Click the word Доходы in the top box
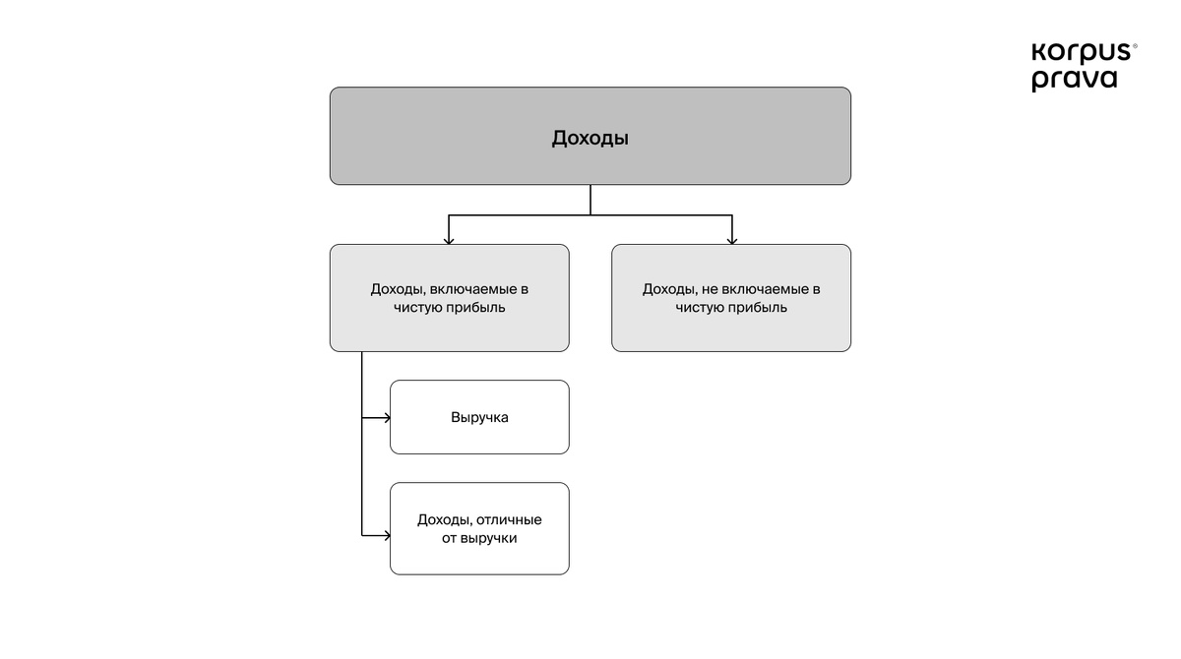click(590, 139)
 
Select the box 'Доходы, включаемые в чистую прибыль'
click(449, 298)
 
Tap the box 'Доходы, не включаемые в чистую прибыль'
click(730, 298)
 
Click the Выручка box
click(479, 417)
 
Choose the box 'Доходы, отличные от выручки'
click(479, 528)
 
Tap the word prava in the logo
click(1075, 80)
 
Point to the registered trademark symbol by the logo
click(1135, 46)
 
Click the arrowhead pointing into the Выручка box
click(387, 418)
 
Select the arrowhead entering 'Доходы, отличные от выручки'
click(387, 536)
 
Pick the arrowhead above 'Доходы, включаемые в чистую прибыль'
click(449, 241)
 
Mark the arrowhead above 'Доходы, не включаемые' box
click(732, 241)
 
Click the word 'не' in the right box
click(710, 289)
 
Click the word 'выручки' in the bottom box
click(488, 538)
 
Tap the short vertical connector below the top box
click(590, 200)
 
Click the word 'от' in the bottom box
click(449, 538)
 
